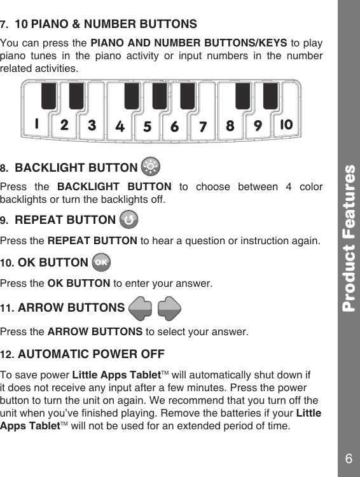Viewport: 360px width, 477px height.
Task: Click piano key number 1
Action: [38, 125]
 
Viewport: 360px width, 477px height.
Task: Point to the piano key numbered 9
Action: [258, 125]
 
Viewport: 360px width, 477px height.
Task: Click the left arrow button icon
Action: [139, 308]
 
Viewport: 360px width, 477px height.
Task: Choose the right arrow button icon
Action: [169, 308]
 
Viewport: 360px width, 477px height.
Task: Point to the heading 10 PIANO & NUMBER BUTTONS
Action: [106, 25]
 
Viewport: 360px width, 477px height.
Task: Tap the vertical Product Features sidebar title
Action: [349, 238]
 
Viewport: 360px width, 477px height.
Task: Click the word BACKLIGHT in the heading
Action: [46, 168]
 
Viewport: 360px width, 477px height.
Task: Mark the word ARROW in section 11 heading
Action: [41, 308]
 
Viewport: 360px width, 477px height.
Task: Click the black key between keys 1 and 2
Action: [49, 95]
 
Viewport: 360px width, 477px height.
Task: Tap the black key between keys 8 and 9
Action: [243, 95]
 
